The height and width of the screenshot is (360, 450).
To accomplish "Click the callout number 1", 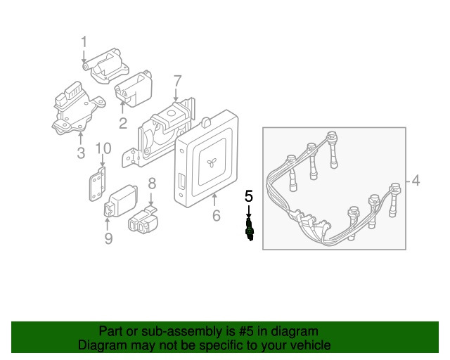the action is tap(84, 42).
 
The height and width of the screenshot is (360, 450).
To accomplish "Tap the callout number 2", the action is tap(123, 123).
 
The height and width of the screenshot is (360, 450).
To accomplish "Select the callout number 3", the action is tap(81, 153).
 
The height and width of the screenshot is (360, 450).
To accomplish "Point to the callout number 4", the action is tap(416, 181).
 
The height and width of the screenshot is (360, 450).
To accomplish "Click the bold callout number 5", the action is tap(249, 196).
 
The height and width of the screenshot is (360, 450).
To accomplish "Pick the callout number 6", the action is tap(217, 215).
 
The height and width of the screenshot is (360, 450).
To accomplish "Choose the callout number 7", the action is tap(177, 82).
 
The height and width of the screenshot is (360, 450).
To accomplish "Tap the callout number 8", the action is tap(152, 184).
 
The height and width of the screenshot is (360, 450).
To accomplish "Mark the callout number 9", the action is tap(108, 238).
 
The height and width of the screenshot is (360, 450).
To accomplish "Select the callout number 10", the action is tap(103, 148).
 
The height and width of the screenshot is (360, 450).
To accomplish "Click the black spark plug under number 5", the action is tap(249, 229).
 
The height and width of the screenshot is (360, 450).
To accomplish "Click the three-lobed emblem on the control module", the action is tap(212, 163).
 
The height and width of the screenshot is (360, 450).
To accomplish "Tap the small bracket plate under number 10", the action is tap(97, 184).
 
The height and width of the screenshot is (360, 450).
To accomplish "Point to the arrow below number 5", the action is tap(249, 212).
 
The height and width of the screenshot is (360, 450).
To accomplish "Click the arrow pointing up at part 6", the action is tap(214, 200).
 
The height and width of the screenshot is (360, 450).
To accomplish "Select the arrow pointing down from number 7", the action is tap(176, 95).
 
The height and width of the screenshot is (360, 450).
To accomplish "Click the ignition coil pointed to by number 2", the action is tap(134, 89).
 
